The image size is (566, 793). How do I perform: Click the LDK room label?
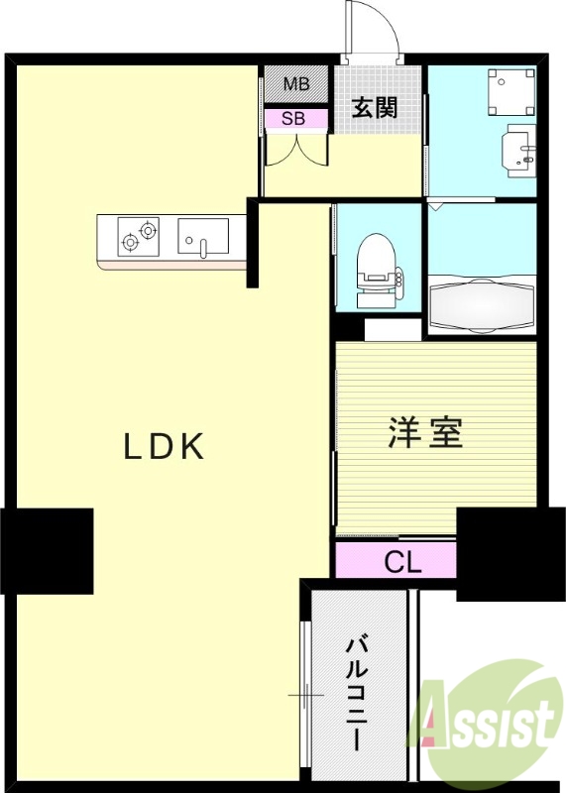(x=165, y=447)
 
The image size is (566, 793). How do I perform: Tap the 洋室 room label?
(x=426, y=433)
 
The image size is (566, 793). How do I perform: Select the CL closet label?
(x=403, y=563)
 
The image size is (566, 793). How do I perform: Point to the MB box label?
(x=296, y=84)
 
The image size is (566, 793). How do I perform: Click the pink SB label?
(x=293, y=118)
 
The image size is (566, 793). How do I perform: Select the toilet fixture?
(x=377, y=263)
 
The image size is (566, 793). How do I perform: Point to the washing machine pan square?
(x=509, y=91)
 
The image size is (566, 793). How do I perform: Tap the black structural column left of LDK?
(x=47, y=551)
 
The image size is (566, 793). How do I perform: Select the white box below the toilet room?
(x=394, y=329)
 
